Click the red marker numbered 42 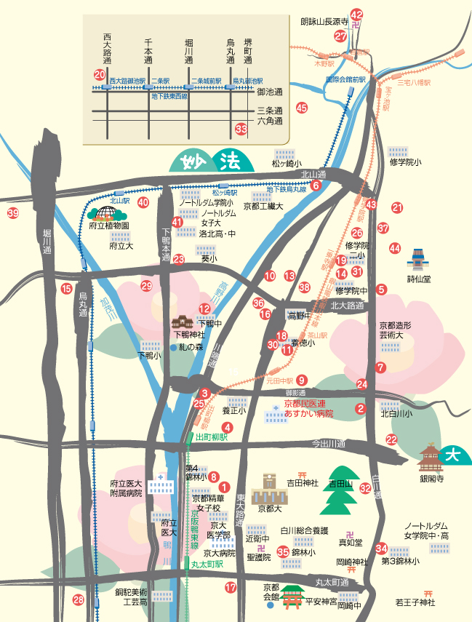(356, 15)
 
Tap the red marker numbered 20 (100, 74)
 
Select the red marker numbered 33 (242, 129)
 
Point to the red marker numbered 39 (12, 213)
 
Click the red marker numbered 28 (79, 600)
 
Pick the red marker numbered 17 (231, 587)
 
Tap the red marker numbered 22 (392, 439)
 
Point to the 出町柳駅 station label (212, 437)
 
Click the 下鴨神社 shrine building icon (182, 322)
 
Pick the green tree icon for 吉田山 (341, 491)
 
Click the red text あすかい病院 (309, 413)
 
